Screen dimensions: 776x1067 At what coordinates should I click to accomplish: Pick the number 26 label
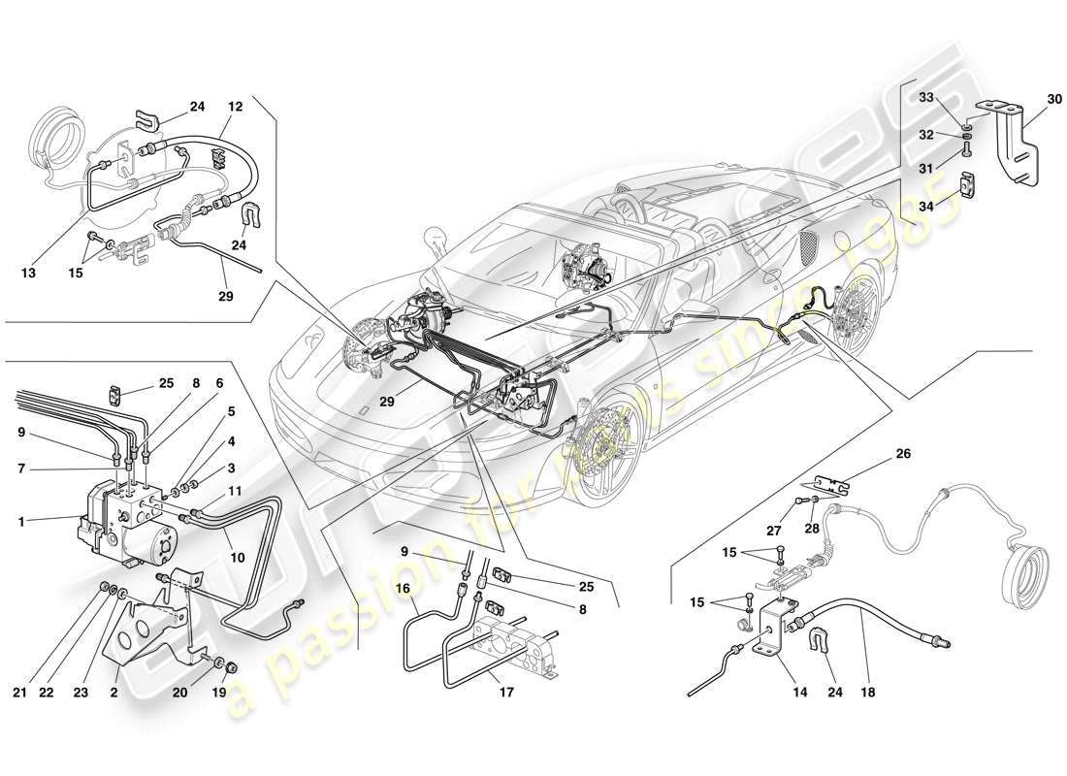tap(903, 454)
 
